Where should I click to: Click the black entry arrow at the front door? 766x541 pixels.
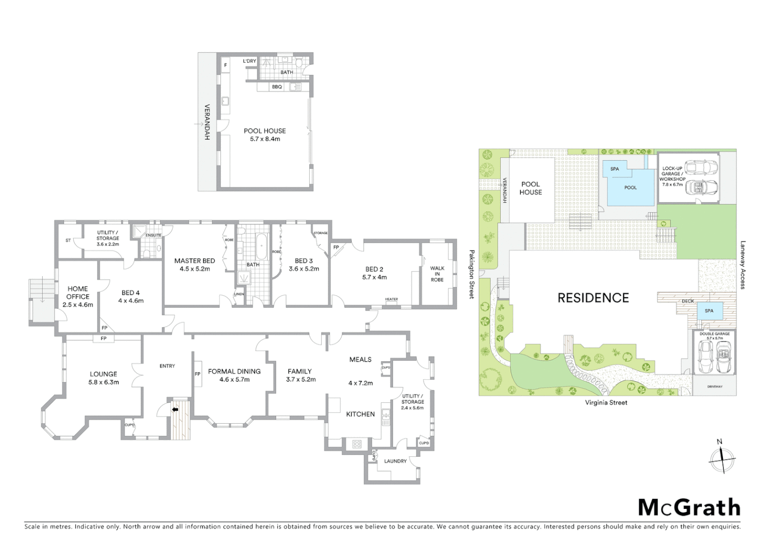(175, 409)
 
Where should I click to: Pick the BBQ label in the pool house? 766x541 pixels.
(277, 87)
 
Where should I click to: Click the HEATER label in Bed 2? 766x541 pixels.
(392, 300)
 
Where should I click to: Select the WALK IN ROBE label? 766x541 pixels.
(437, 274)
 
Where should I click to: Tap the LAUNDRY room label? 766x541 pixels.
(395, 461)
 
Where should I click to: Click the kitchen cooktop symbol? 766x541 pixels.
(357, 444)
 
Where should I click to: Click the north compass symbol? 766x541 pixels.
(722, 458)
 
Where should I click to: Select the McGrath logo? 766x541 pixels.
(689, 507)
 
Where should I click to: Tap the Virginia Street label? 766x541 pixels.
(606, 403)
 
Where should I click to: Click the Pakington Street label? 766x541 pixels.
(472, 275)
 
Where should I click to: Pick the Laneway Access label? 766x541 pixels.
(743, 265)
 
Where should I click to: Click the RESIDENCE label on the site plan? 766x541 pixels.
(593, 298)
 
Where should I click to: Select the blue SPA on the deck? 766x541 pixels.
(709, 311)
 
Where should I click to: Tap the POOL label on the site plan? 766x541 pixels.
(630, 188)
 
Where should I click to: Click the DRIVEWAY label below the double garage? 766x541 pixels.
(715, 387)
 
